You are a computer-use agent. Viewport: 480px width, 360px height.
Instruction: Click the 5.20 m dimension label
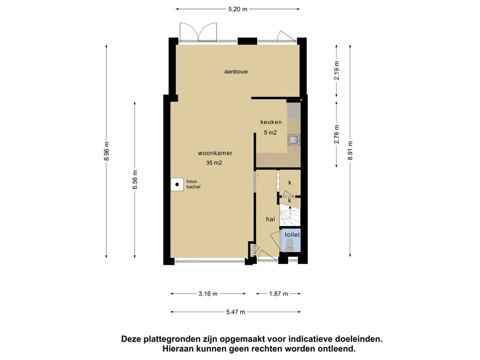pos(238,9)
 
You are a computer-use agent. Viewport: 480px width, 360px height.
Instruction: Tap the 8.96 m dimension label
pos(106,151)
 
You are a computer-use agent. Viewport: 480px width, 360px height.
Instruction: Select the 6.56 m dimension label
pos(135,180)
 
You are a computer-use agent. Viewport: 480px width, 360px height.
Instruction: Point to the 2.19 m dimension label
pos(337,71)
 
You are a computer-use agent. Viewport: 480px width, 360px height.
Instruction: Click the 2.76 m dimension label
pos(337,134)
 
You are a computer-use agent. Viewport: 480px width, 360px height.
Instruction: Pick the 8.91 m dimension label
pos(350,150)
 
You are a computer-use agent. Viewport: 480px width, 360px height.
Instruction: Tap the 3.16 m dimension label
pos(208,294)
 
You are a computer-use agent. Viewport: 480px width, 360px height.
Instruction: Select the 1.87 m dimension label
pos(278,294)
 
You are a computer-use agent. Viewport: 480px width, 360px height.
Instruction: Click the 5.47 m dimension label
pos(236,312)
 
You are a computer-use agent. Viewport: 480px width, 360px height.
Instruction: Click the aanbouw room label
pos(236,72)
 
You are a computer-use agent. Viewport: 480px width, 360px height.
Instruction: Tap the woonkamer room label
pos(215,153)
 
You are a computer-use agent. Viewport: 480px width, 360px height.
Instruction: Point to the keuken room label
pos(271,122)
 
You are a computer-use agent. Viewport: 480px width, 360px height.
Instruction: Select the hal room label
pos(270,219)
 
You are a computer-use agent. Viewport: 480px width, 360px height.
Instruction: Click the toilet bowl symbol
pos(290,245)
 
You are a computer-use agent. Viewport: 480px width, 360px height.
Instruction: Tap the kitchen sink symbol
pos(294,140)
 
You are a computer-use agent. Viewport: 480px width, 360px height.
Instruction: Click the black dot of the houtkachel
pos(177,185)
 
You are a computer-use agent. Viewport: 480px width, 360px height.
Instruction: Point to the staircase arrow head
pos(290,207)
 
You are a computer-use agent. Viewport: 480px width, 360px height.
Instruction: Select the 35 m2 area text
pos(214,163)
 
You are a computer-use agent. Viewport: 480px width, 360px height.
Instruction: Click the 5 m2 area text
pos(270,133)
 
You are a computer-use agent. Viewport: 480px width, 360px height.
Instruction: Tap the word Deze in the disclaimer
pos(131,339)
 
